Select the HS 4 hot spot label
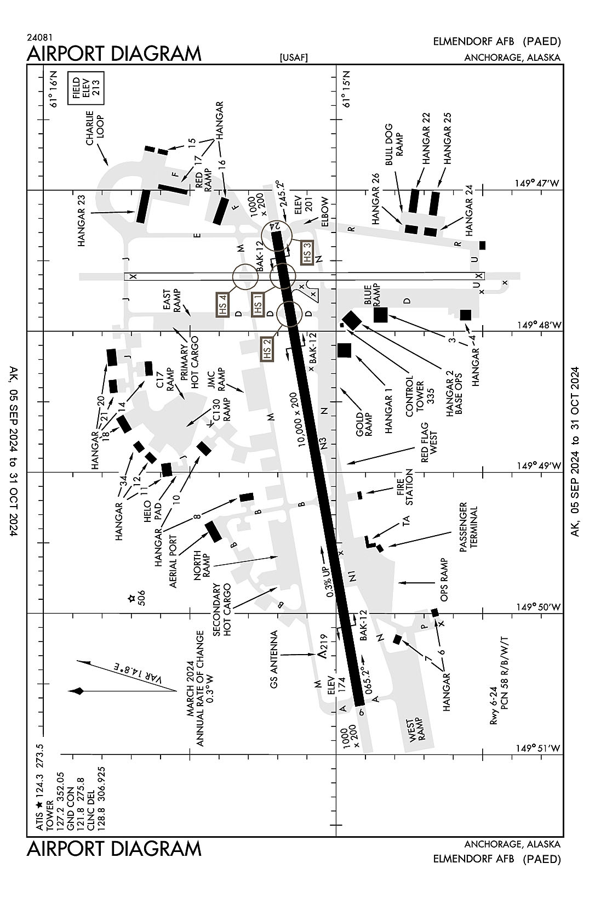224,304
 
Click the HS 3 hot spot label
307,253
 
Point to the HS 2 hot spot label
267,349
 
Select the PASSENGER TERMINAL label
468,526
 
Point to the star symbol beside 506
131,599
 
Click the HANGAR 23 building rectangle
142,206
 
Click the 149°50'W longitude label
539,607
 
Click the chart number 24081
39,38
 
